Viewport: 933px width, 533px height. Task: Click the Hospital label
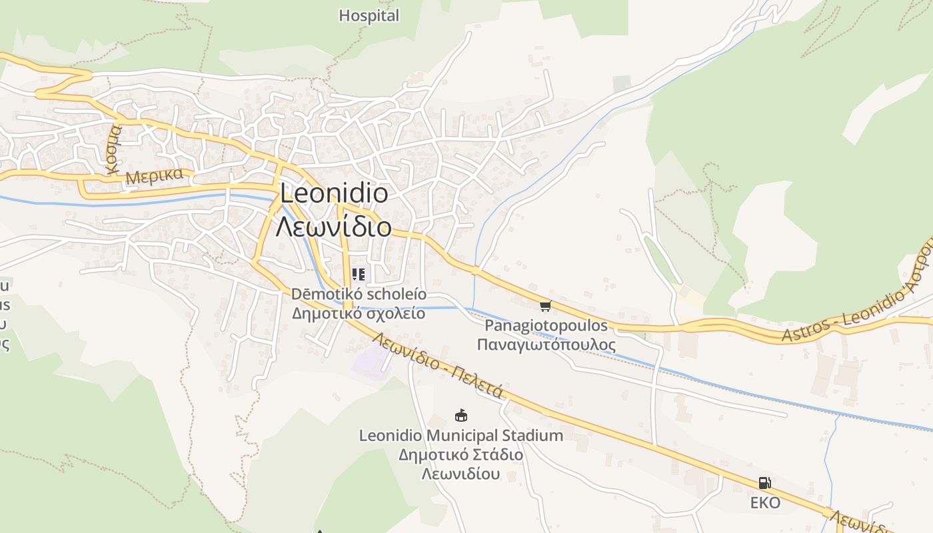pyautogui.click(x=369, y=15)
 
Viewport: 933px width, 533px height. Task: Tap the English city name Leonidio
pyautogui.click(x=334, y=193)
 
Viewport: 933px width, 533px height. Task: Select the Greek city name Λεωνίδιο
pyautogui.click(x=334, y=227)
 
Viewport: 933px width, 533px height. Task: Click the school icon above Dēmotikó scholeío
pyautogui.click(x=359, y=274)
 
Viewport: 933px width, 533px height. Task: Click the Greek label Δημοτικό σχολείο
pyautogui.click(x=359, y=313)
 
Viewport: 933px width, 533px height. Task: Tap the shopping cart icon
pyautogui.click(x=546, y=306)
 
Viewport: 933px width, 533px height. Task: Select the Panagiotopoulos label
pyautogui.click(x=546, y=326)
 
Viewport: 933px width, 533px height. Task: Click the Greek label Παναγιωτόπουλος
pyautogui.click(x=546, y=344)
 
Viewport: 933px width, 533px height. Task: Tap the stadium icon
pyautogui.click(x=461, y=416)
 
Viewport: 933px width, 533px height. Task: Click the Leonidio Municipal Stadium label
pyautogui.click(x=461, y=436)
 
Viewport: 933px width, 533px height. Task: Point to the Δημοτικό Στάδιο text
pyautogui.click(x=461, y=455)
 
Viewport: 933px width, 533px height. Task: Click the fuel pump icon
pyautogui.click(x=764, y=483)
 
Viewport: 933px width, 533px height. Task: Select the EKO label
pyautogui.click(x=765, y=503)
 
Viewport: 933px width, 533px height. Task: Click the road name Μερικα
pyautogui.click(x=154, y=177)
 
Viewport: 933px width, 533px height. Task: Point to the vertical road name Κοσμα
pyautogui.click(x=115, y=148)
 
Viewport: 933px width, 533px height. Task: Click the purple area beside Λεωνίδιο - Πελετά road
pyautogui.click(x=371, y=363)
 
